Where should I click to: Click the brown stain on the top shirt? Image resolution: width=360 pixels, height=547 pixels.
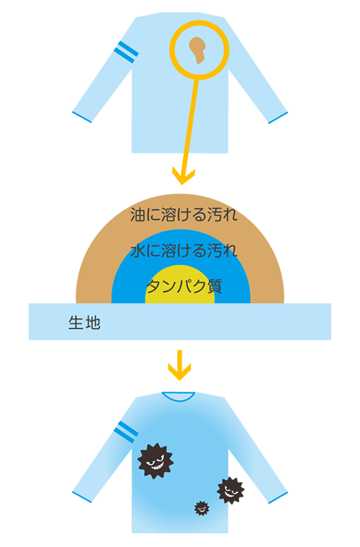[x=197, y=50]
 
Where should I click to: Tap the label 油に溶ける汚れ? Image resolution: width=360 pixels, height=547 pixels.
[x=184, y=214]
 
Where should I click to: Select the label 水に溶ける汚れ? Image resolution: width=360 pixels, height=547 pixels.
[x=184, y=250]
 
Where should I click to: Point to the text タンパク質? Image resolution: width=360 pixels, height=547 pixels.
[x=184, y=286]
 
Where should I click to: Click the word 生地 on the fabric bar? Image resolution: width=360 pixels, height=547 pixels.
[x=84, y=322]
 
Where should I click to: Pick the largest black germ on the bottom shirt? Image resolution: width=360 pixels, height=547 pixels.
[x=156, y=461]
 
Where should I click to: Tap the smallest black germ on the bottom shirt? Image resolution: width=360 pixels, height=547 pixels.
[x=202, y=508]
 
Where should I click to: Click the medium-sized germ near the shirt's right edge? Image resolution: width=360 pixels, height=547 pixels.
[x=230, y=490]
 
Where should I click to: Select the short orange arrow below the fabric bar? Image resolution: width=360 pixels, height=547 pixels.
[x=180, y=365]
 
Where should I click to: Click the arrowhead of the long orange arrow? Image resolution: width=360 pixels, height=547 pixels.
[x=184, y=176]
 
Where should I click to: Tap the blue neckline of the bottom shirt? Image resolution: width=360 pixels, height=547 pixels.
[x=179, y=397]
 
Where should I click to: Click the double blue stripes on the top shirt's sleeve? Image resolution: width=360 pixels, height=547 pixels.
[x=126, y=52]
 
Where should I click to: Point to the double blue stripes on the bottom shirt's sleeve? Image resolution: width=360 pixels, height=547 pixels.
[x=126, y=432]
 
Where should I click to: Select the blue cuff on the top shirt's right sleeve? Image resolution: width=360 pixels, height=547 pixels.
[x=278, y=117]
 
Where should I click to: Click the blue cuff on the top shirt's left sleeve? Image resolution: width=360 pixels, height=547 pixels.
[x=82, y=117]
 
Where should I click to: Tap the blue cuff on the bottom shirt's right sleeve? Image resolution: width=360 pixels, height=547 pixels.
[x=278, y=497]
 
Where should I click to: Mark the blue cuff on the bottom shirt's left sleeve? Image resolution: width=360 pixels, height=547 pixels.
[x=82, y=497]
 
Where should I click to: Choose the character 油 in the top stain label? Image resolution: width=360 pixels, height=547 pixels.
[x=138, y=214]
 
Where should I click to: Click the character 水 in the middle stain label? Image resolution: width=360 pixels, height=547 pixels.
[x=138, y=250]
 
